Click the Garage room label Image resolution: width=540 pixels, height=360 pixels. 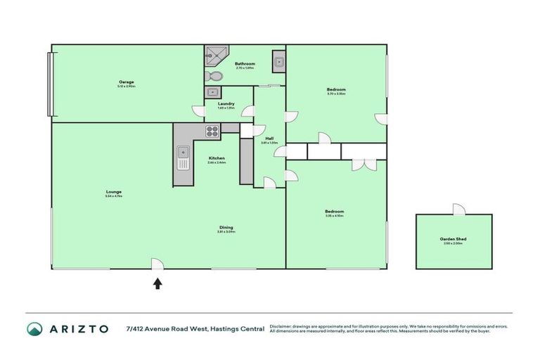127,82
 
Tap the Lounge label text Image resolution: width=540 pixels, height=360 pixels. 114,192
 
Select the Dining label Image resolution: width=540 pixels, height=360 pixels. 226,228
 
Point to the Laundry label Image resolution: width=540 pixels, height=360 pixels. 226,104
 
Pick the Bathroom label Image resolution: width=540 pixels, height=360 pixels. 245,64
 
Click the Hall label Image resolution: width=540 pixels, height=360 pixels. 269,139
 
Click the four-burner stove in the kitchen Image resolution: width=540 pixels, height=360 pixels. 212,130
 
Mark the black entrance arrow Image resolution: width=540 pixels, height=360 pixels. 157,283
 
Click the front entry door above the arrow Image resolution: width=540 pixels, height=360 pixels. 157,264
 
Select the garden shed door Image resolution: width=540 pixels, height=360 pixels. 458,210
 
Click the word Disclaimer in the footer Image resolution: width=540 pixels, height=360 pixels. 281,326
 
